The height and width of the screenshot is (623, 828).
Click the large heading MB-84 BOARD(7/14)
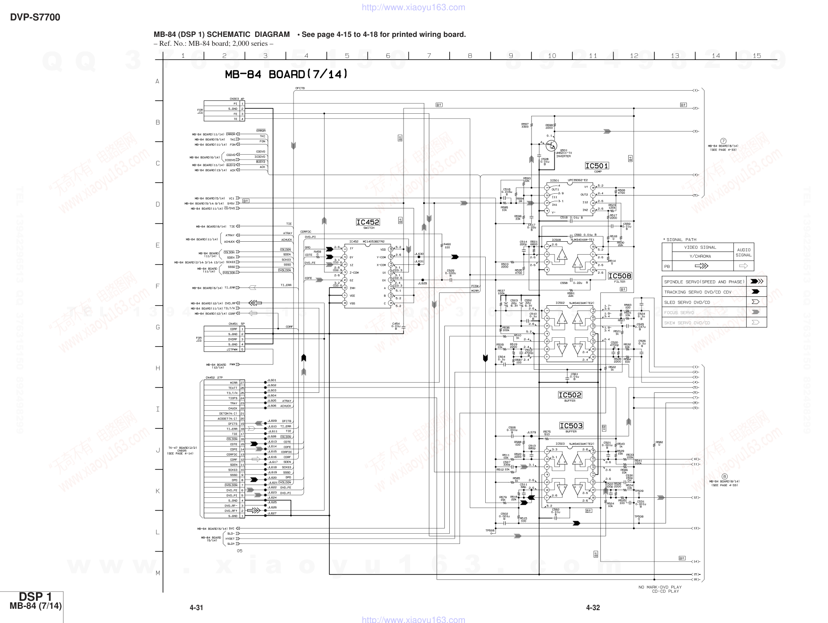pyautogui.click(x=286, y=75)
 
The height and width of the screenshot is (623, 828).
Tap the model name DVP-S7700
pyautogui.click(x=35, y=17)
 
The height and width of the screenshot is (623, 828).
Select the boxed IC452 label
pyautogui.click(x=368, y=222)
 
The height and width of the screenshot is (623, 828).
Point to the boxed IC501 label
pyautogui.click(x=597, y=166)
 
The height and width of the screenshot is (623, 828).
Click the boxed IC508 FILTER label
pyautogui.click(x=619, y=276)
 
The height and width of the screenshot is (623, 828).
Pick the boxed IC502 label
pyautogui.click(x=570, y=395)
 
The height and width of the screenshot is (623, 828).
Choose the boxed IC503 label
pyautogui.click(x=571, y=426)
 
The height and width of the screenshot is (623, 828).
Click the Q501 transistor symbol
pyautogui.click(x=551, y=144)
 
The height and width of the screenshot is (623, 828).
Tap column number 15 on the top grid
pyautogui.click(x=757, y=56)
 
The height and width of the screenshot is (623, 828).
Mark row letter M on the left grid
pyautogui.click(x=158, y=573)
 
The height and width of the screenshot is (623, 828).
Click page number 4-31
pyautogui.click(x=196, y=607)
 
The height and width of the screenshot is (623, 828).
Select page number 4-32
pyautogui.click(x=593, y=607)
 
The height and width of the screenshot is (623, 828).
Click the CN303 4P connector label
pyautogui.click(x=237, y=99)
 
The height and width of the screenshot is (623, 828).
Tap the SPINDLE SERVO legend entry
pyautogui.click(x=704, y=282)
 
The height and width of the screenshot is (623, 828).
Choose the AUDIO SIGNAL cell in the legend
pyautogui.click(x=744, y=252)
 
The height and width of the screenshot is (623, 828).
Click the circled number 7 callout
pyautogui.click(x=723, y=141)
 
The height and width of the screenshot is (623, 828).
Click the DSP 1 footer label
pyautogui.click(x=36, y=596)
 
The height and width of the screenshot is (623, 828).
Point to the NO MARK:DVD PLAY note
pyautogui.click(x=660, y=587)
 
